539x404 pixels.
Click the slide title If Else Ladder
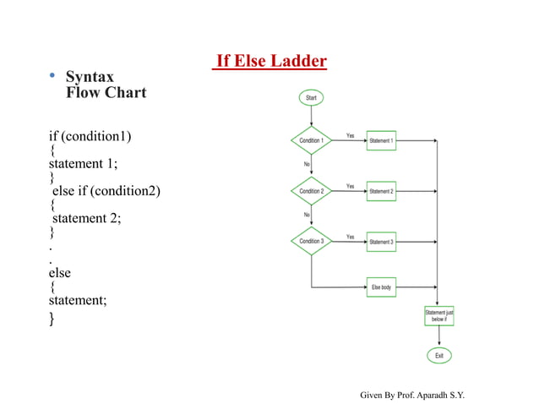coord(270,61)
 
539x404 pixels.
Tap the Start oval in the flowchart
coord(311,99)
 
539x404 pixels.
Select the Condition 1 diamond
coord(311,140)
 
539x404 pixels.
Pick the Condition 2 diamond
coord(311,191)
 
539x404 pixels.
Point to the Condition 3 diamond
coord(311,242)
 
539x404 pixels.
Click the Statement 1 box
coord(381,140)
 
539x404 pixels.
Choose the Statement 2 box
coord(381,191)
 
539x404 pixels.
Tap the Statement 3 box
coord(381,242)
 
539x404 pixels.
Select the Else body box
coord(381,288)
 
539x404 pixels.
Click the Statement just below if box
coord(439,316)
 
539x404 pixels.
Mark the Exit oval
coord(439,356)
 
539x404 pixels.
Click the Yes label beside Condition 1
coord(351,135)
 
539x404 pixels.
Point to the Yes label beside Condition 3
coord(351,237)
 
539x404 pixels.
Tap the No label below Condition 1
coord(308,165)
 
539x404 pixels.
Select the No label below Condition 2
coord(308,215)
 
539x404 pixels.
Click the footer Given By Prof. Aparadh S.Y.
coord(412,395)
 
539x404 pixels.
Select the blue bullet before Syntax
coord(52,77)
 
